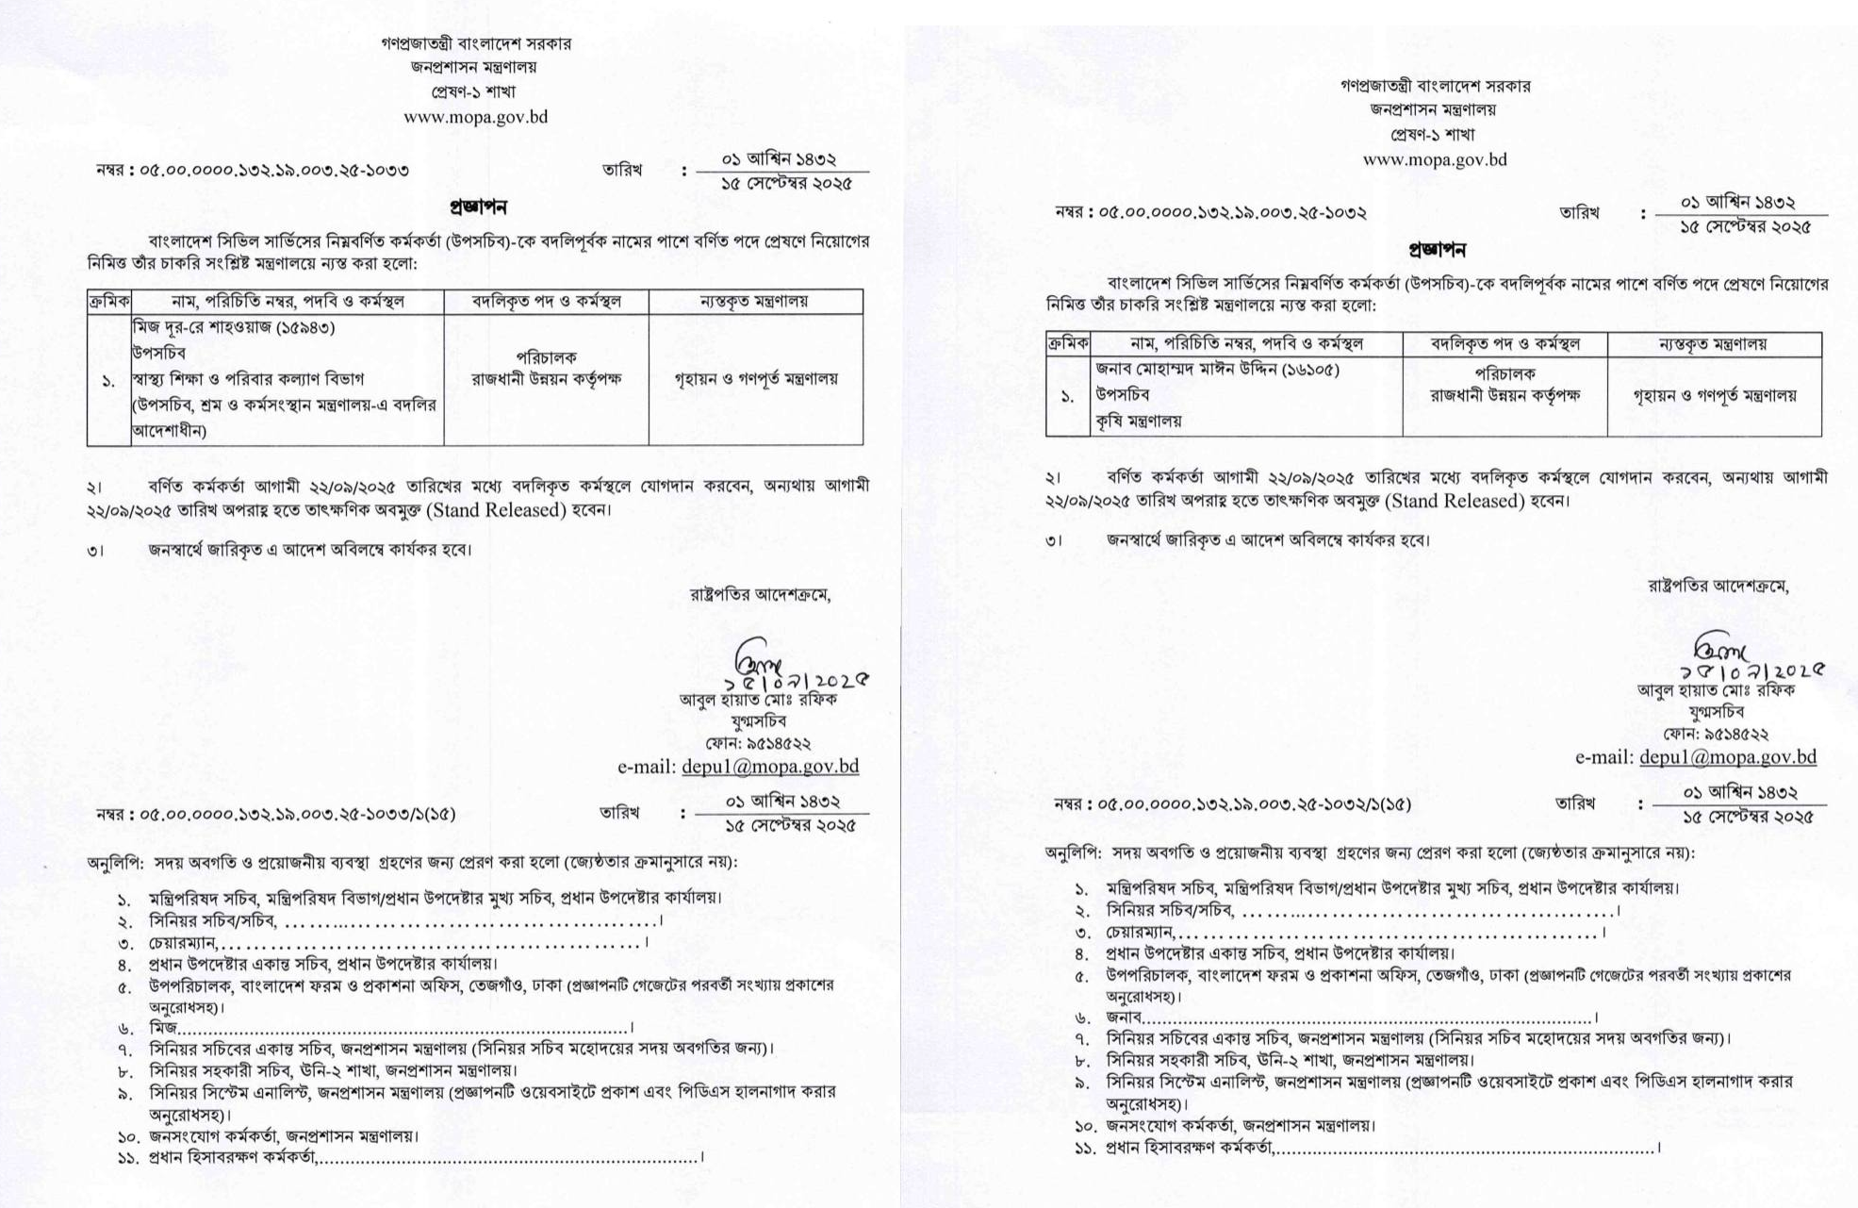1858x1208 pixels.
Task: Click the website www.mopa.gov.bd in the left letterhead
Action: (475, 118)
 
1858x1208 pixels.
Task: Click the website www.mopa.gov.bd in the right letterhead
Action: (1435, 159)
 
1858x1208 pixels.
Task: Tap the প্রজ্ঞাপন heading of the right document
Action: (1437, 250)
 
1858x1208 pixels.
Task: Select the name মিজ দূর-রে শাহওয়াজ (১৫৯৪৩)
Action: (234, 327)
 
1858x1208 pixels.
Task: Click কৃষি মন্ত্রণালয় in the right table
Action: (1138, 422)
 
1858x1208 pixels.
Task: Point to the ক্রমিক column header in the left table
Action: (109, 302)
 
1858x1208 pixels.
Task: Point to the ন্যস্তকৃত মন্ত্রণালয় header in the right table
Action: (1713, 344)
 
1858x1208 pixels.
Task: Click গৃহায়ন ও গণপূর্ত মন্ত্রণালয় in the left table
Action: (755, 379)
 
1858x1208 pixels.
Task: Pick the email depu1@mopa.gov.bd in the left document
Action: (769, 767)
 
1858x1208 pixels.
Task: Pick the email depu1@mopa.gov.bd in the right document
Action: (1727, 756)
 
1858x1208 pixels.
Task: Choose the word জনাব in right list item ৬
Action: (1124, 1018)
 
